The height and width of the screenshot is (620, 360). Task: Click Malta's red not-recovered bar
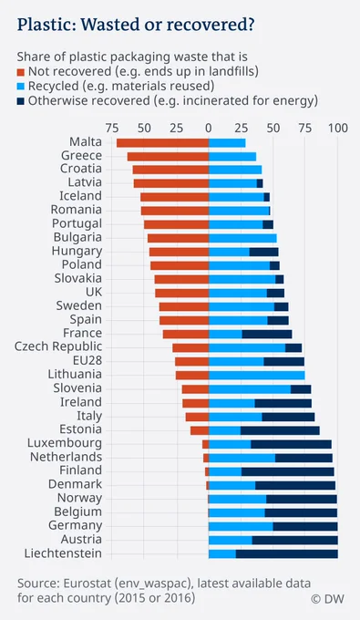[x=162, y=143]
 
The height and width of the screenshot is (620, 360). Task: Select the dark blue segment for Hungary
[x=263, y=252]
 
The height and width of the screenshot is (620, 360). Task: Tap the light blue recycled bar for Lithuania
[x=256, y=376]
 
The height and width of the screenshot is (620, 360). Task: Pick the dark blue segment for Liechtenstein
[x=287, y=553]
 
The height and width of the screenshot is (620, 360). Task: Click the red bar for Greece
[x=168, y=157]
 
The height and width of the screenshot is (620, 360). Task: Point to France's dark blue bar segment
[x=267, y=334]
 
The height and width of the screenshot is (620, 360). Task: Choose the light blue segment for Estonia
[x=224, y=430]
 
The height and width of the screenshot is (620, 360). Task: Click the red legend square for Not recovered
[x=21, y=72]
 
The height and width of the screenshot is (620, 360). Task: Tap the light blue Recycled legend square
[x=21, y=87]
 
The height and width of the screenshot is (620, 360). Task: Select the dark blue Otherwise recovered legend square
[x=21, y=101]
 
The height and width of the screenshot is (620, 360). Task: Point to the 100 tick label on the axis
[x=338, y=129]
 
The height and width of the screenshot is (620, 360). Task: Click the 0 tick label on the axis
[x=209, y=129]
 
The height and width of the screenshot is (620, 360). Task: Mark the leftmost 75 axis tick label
[x=112, y=129]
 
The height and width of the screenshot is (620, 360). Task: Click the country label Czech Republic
[x=58, y=346]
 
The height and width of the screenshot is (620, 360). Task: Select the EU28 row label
[x=87, y=361]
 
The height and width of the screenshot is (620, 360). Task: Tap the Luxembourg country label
[x=65, y=443]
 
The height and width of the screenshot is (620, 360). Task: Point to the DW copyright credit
[x=327, y=599]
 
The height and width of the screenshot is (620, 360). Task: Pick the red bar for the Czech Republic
[x=190, y=348]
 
